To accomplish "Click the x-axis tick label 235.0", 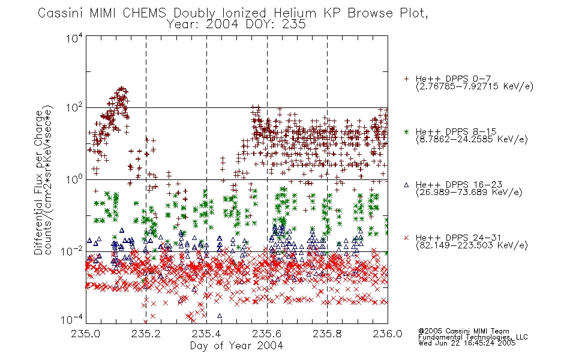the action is (85, 334).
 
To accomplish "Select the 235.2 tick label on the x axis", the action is (146, 334).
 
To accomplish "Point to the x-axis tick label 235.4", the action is (206, 334).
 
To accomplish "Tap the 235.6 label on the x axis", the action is (266, 334).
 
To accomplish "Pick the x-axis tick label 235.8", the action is (327, 334).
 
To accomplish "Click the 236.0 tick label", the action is (388, 334).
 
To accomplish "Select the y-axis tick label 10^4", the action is (74, 38).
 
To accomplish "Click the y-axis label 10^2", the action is (74, 108).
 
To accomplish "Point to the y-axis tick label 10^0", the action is (74, 180).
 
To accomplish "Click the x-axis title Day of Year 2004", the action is (236, 346).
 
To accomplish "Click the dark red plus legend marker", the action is (406, 79).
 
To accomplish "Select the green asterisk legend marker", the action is (406, 131).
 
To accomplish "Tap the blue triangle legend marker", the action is (406, 185).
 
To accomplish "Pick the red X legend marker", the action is (406, 238).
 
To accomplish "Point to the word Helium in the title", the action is (295, 13).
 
